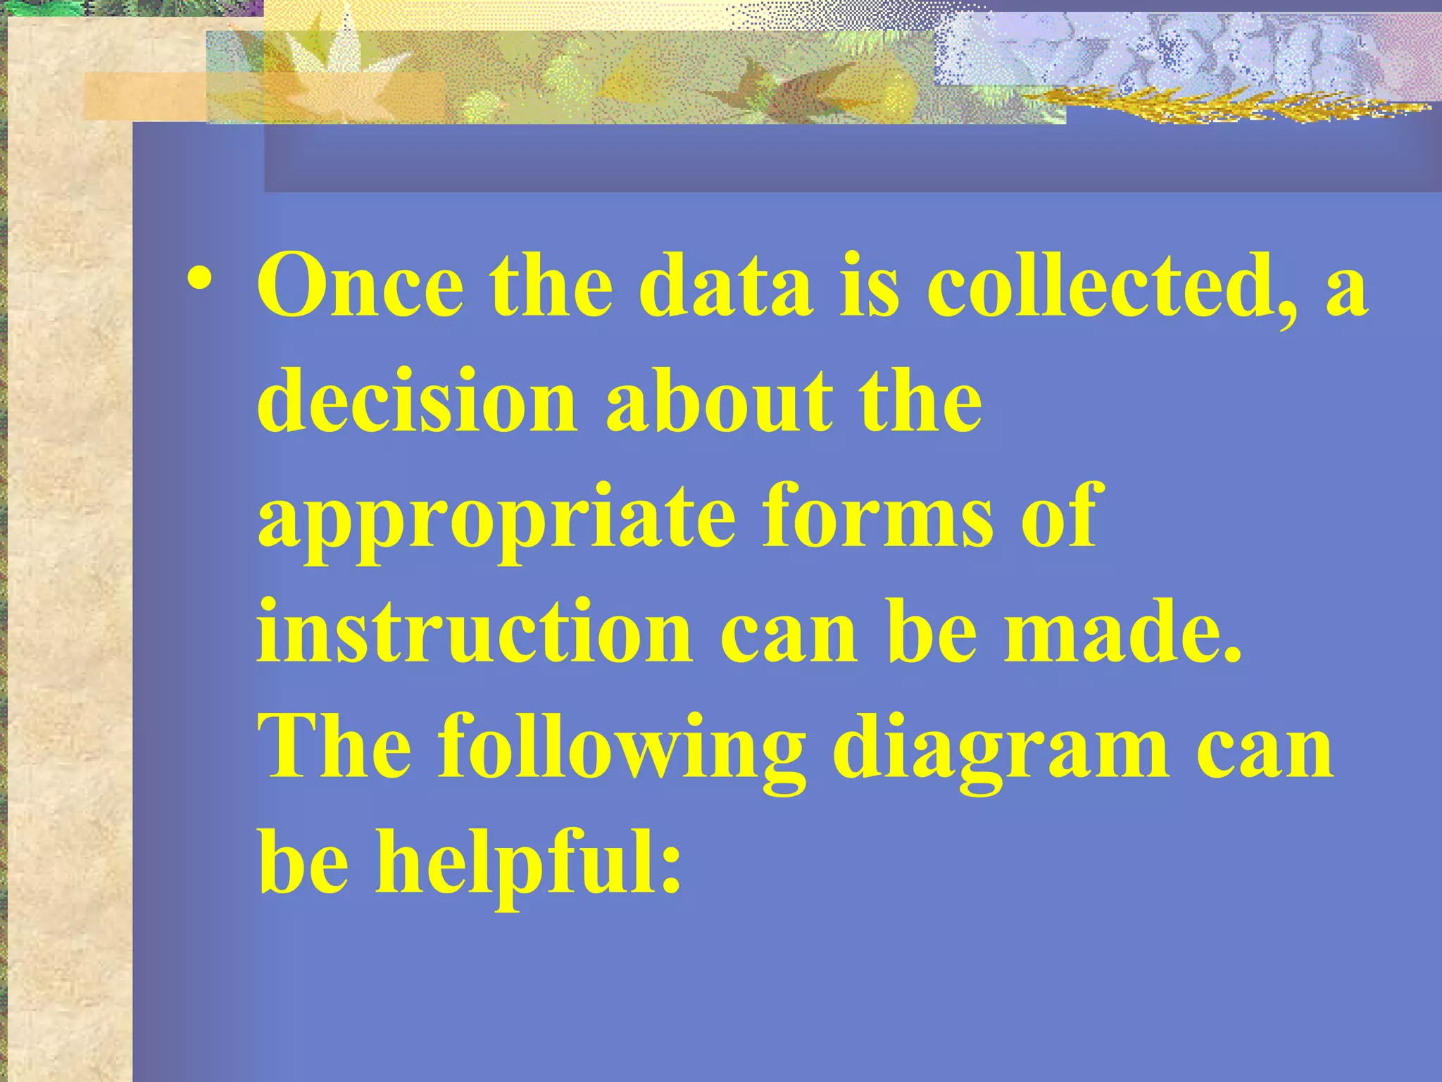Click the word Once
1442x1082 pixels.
(x=360, y=287)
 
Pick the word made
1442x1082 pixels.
(x=1121, y=632)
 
